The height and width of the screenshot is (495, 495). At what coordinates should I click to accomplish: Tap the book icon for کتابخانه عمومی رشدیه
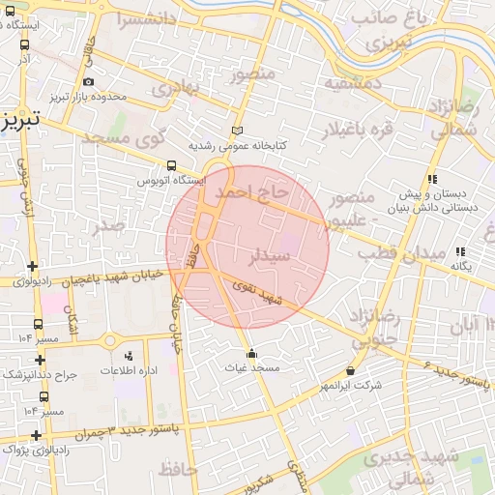tap(239, 131)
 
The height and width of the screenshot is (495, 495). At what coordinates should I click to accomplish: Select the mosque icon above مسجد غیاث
tap(252, 353)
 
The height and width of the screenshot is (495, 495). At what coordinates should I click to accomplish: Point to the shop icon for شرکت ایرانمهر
tap(350, 370)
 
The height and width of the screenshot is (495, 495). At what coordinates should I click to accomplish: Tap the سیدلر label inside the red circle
tap(270, 257)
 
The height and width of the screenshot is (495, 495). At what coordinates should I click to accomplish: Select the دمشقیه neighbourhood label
tap(353, 83)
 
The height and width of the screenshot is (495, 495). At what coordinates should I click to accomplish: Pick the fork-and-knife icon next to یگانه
tap(459, 251)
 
